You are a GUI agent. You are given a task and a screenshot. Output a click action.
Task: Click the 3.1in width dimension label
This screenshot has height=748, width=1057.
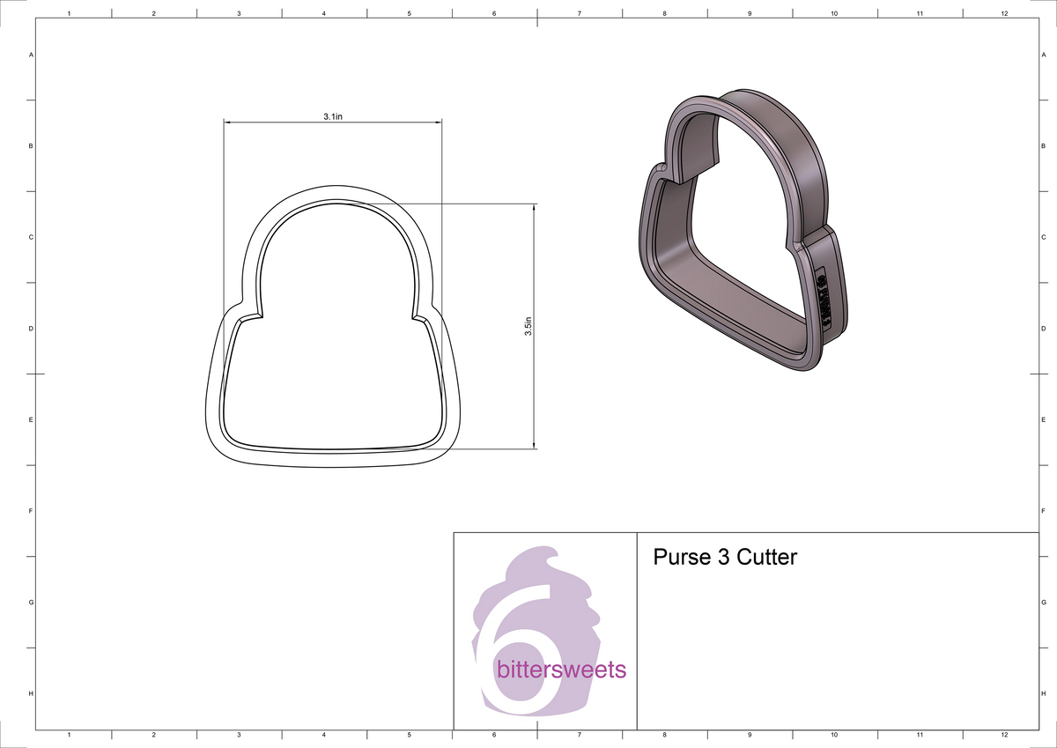[332, 116]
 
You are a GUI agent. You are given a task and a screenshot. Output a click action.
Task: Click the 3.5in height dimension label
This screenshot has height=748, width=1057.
[527, 326]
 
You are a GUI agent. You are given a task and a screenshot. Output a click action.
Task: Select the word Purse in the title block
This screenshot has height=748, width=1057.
[679, 557]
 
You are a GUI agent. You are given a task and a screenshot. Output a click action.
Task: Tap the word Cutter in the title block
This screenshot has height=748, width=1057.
[766, 557]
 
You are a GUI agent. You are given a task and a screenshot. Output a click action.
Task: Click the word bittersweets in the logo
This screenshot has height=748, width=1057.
[561, 670]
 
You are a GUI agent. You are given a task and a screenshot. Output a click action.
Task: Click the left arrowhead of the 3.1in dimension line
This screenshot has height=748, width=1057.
[226, 122]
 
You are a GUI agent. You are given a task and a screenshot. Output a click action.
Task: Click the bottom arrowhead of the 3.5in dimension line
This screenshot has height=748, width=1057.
[534, 444]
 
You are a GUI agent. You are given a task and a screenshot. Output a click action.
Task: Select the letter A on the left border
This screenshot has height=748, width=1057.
[32, 55]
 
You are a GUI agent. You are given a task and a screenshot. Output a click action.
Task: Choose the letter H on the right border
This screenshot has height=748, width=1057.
[1043, 694]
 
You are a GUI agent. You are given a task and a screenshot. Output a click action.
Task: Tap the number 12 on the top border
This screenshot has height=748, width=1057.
[1004, 13]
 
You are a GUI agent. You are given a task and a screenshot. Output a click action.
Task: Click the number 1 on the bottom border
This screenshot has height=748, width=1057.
[69, 734]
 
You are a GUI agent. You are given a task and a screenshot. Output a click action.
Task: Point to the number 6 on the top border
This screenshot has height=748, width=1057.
[494, 13]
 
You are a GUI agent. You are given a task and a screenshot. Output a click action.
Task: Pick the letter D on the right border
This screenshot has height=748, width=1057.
[1043, 329]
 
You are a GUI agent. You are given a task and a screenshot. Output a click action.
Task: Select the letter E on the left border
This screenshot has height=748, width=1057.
[32, 420]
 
